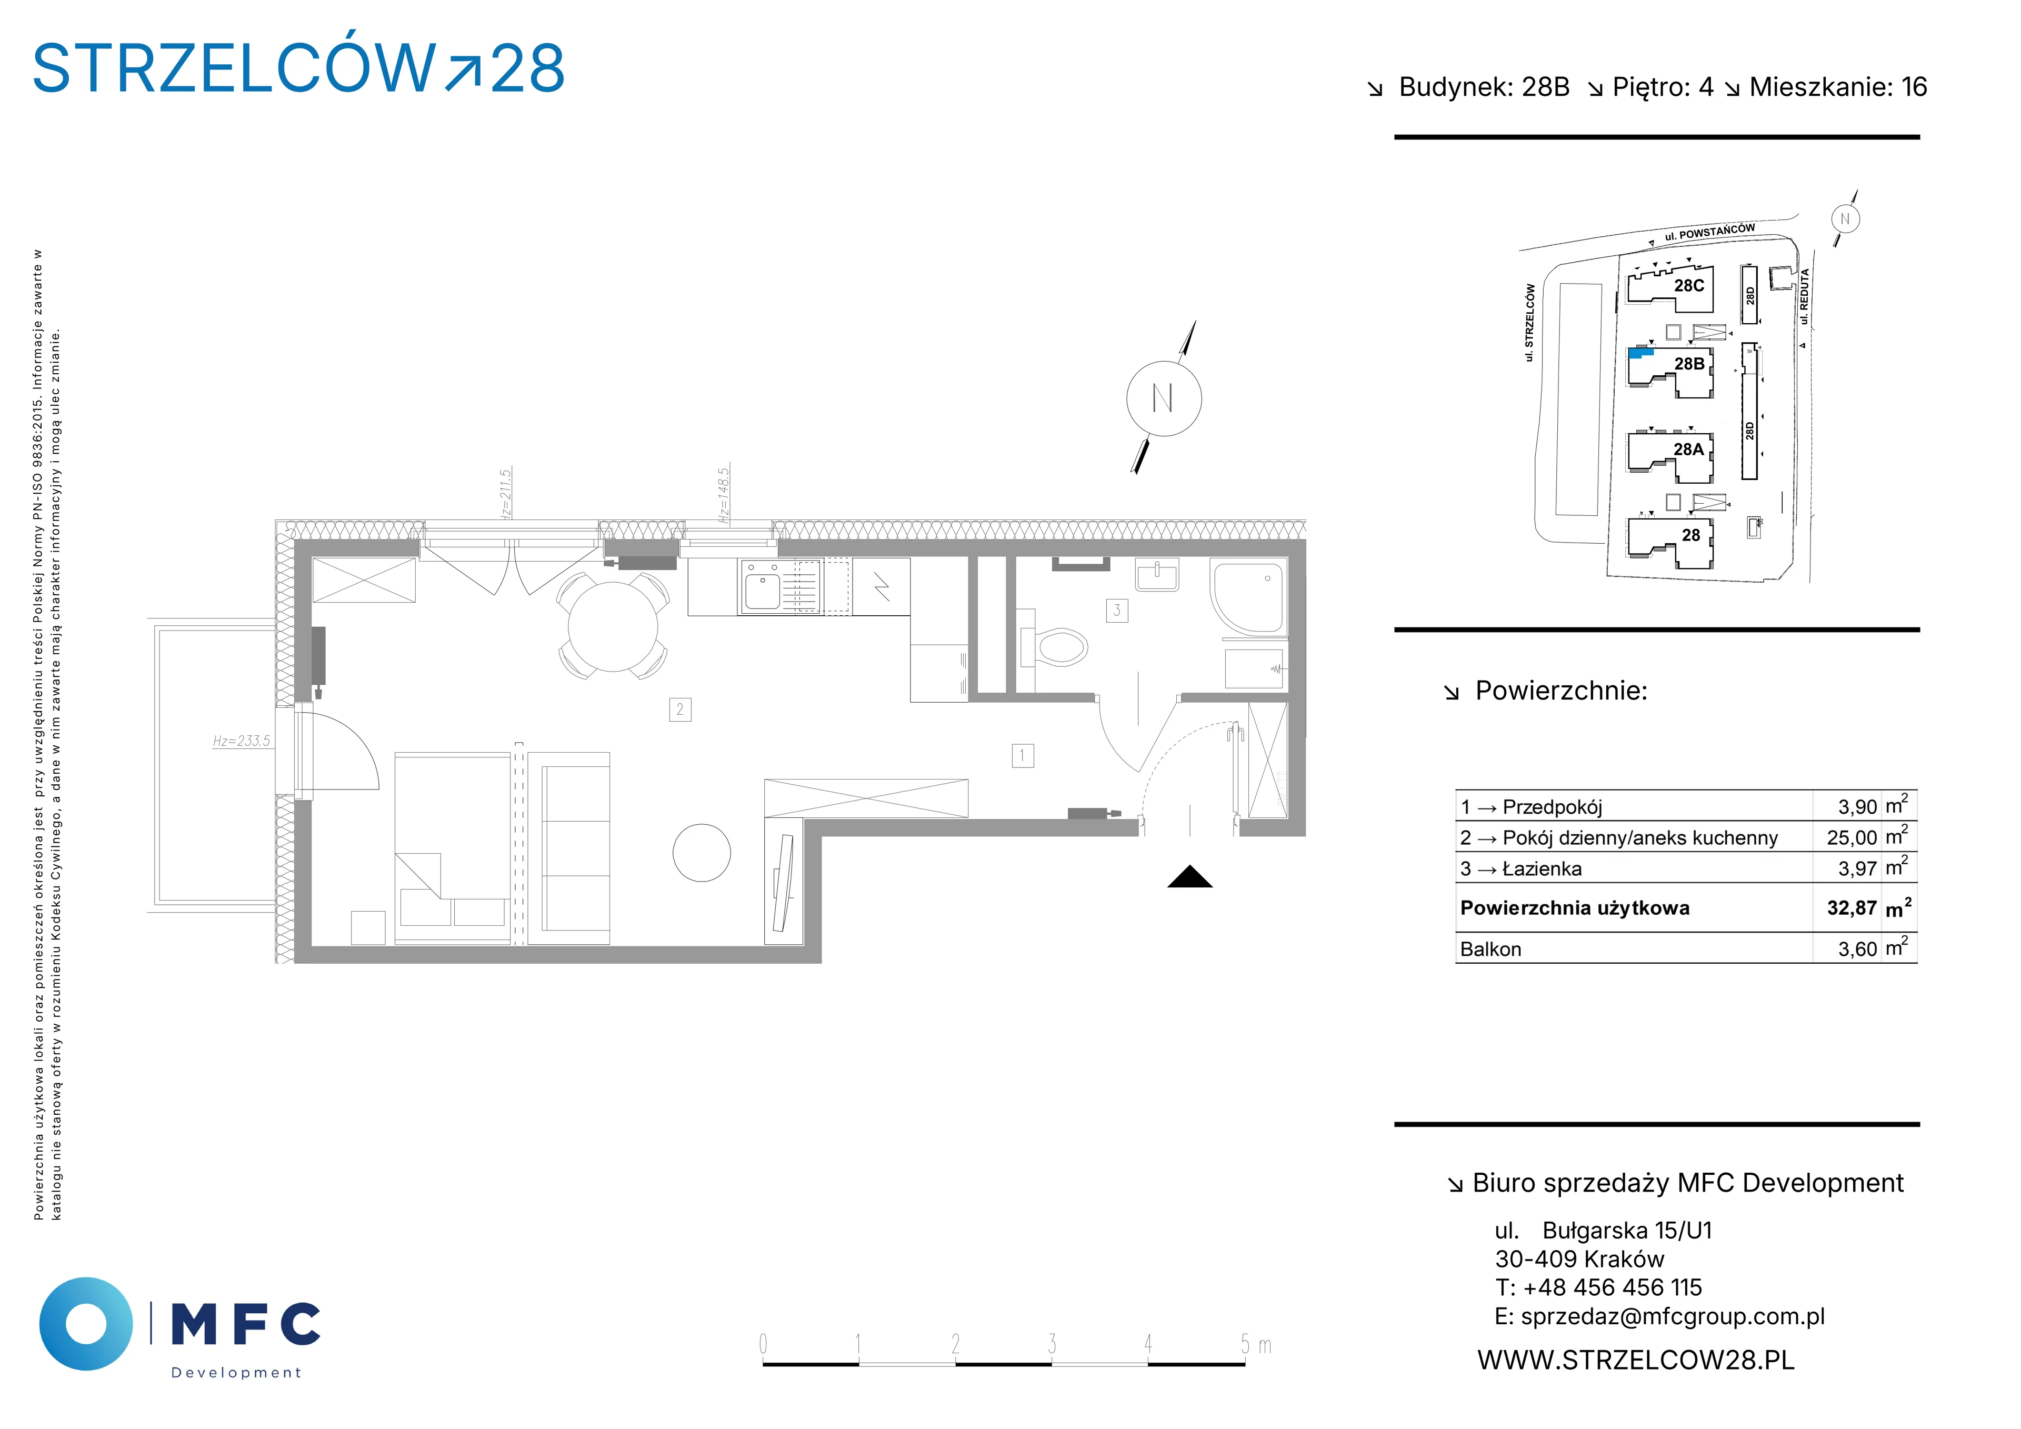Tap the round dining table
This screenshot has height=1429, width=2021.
[613, 627]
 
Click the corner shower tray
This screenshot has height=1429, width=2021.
[1248, 596]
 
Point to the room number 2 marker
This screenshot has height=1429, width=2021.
[679, 709]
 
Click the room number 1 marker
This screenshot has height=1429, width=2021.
[1022, 755]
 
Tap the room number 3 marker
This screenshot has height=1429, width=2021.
[1117, 610]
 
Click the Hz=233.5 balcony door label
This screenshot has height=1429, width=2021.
[241, 742]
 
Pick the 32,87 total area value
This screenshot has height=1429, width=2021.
[1852, 908]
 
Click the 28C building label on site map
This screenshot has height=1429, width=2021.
[1689, 285]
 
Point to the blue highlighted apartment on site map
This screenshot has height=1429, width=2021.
[1640, 353]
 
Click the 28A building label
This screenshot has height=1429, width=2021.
[1688, 449]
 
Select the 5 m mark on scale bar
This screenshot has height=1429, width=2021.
[1245, 1344]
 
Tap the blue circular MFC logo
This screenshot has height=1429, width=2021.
[86, 1323]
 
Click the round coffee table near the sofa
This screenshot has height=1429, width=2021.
[702, 852]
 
